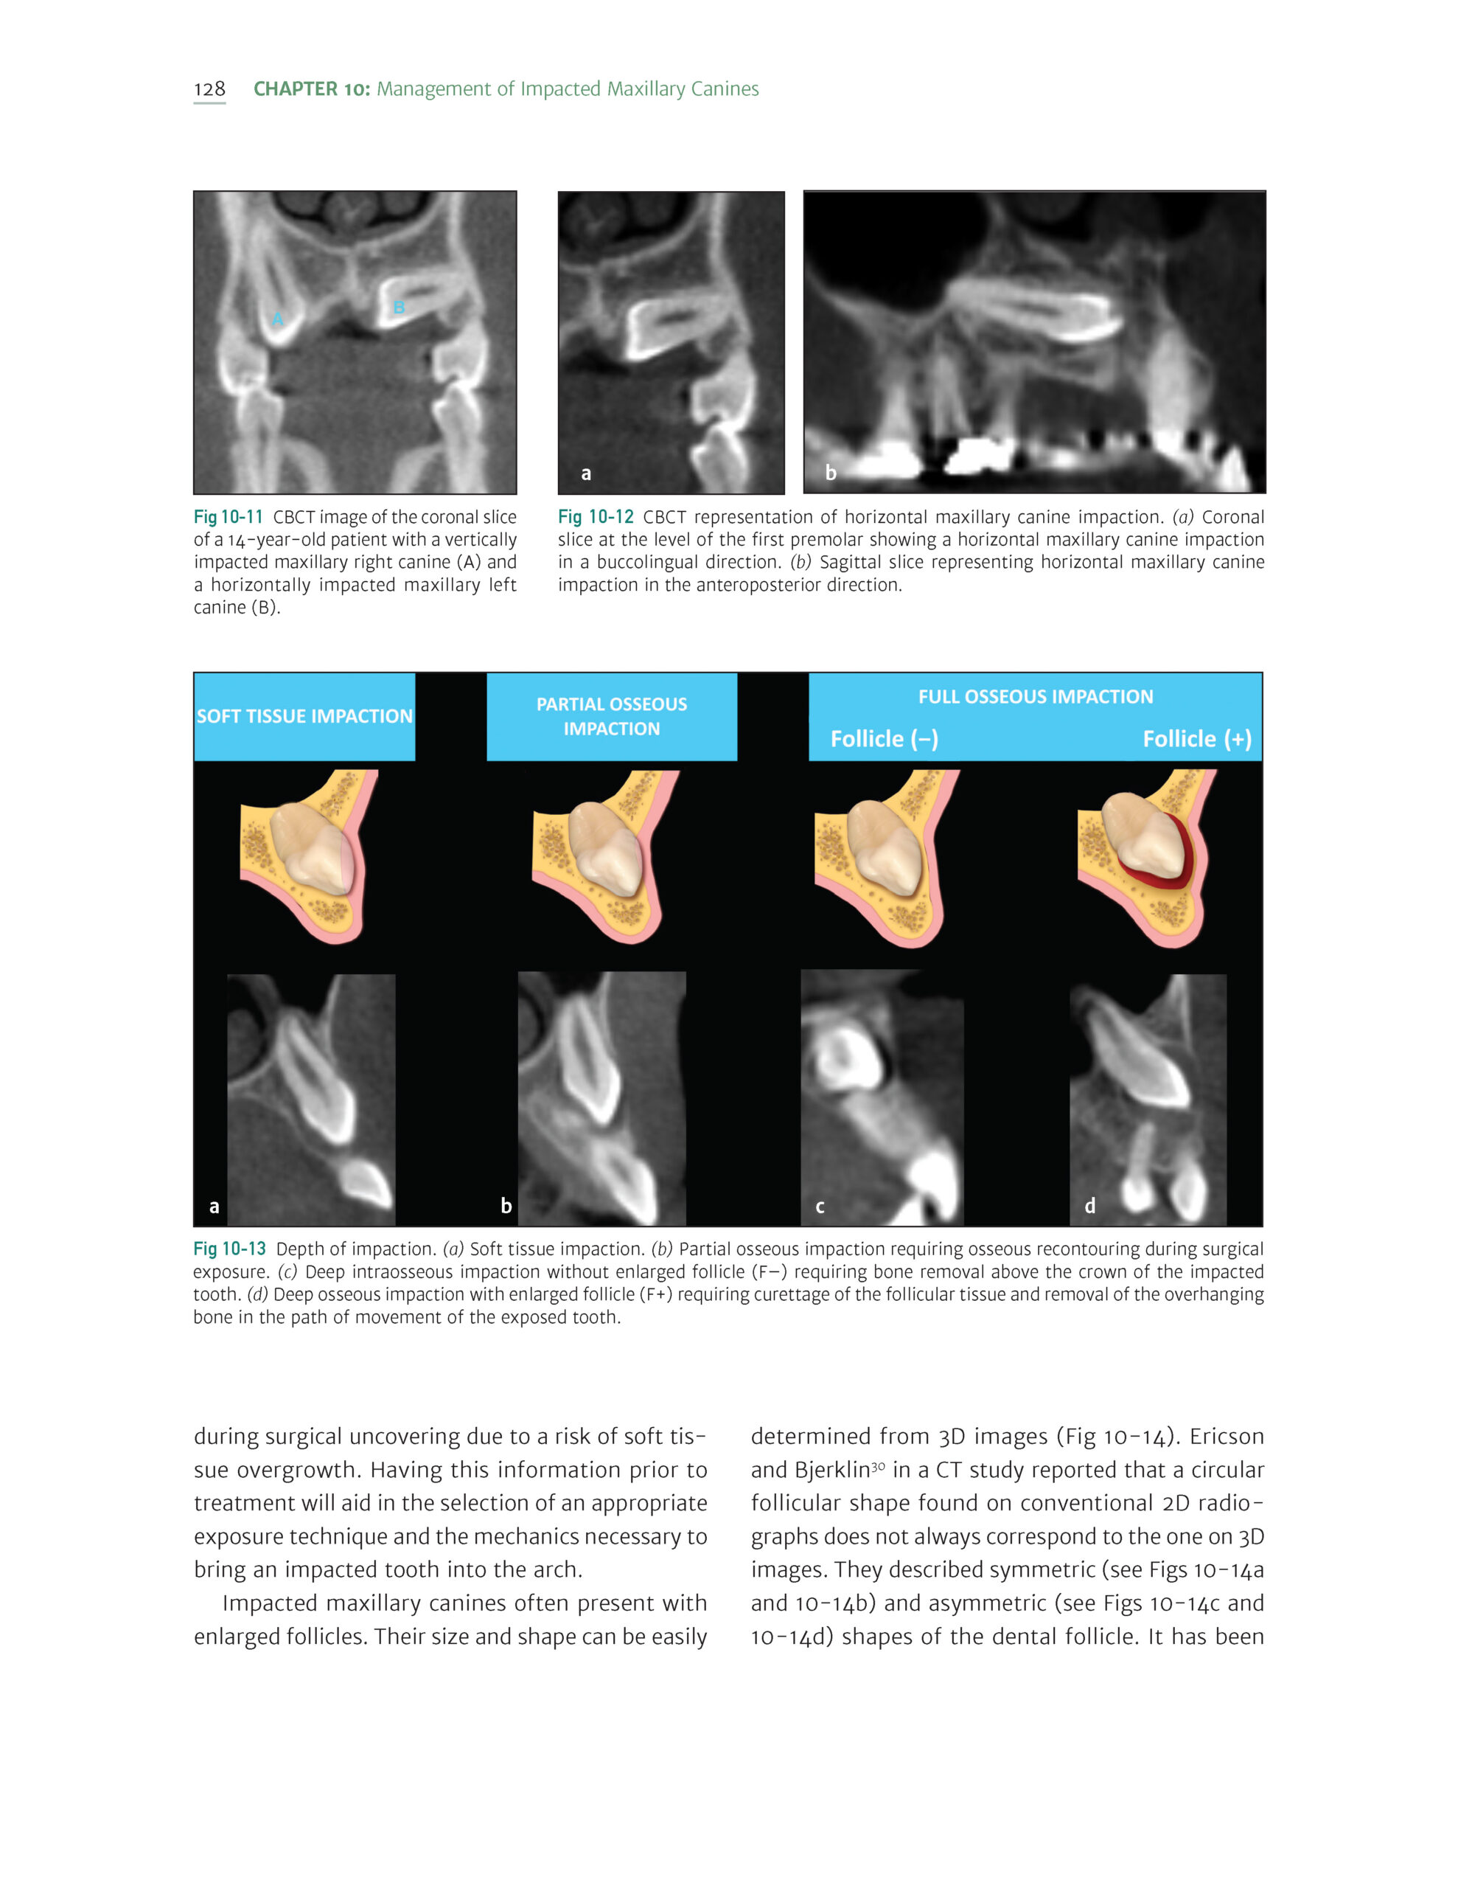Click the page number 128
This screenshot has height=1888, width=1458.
pos(209,89)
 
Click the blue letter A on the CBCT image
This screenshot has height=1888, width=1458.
pos(277,320)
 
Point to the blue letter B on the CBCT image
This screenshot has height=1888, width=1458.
pos(399,307)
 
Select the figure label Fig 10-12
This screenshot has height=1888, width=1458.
pos(596,517)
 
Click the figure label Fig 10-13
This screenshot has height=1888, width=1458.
pos(229,1249)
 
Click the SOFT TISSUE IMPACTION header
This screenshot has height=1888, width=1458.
pos(304,716)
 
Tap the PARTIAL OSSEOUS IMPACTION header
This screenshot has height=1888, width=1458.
pos(612,716)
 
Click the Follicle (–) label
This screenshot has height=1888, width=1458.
pos(884,739)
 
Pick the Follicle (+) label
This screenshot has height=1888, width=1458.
pos(1196,739)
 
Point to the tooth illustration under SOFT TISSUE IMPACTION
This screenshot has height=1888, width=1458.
pos(309,855)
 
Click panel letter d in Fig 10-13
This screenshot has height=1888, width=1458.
pos(1090,1206)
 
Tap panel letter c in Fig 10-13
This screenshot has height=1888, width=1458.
pos(820,1207)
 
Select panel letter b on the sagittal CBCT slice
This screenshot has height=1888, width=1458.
pos(831,473)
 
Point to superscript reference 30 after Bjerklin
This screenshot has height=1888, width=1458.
pos(878,1466)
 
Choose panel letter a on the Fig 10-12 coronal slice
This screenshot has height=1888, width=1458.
pos(586,473)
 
